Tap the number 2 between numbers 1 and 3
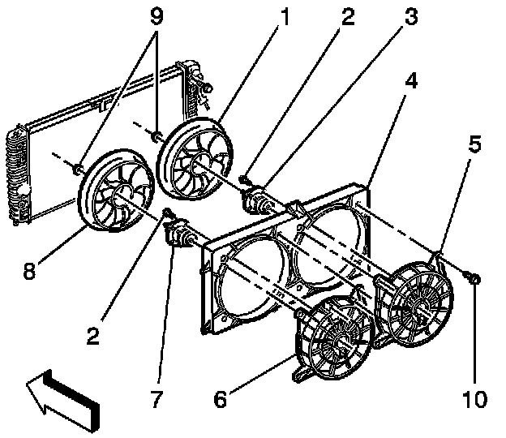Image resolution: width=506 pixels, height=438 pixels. pyautogui.click(x=348, y=16)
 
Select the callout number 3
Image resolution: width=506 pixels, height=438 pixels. pyautogui.click(x=411, y=17)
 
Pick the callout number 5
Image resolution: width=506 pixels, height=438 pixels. pyautogui.click(x=474, y=146)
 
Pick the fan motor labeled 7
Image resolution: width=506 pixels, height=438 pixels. pyautogui.click(x=181, y=234)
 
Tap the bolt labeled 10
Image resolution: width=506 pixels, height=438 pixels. pyautogui.click(x=474, y=280)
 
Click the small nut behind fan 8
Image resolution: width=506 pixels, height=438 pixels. pyautogui.click(x=78, y=169)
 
